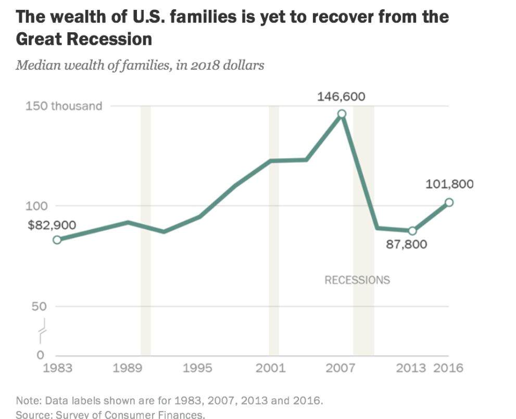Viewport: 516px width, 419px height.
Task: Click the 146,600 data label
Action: point(342,97)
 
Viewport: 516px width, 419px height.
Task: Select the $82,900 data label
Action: point(52,225)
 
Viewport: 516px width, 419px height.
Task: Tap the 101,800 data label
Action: point(449,184)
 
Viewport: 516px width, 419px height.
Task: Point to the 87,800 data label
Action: point(407,244)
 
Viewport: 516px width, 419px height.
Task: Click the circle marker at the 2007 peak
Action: point(342,114)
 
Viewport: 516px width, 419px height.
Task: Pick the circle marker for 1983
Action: point(57,240)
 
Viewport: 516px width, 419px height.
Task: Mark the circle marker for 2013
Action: point(412,231)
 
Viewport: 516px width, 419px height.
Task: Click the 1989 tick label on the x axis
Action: point(128,369)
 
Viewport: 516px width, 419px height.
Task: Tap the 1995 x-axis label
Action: point(199,369)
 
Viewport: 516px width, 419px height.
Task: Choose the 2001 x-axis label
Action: point(271,369)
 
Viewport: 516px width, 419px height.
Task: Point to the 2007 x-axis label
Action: point(342,369)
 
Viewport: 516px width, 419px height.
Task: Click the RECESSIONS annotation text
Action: point(357,280)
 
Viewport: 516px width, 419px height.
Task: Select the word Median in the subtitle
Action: point(34,66)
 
